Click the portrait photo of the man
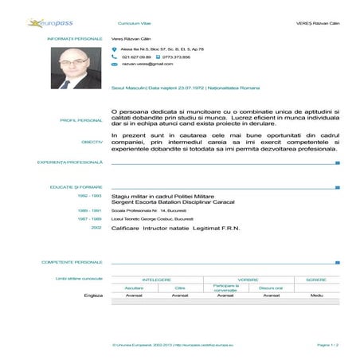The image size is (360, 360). (76, 67)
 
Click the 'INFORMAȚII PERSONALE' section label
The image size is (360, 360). (75, 38)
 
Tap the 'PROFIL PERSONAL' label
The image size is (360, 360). (81, 120)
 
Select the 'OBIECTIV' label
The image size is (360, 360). (92, 142)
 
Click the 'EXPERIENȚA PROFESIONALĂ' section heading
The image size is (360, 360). (70, 162)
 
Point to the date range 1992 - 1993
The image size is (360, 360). (89, 195)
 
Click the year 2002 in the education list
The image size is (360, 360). (96, 227)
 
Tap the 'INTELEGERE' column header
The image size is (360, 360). (157, 280)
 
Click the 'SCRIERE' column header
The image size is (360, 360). (316, 280)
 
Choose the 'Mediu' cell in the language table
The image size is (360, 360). (316, 295)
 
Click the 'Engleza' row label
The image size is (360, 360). (93, 295)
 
